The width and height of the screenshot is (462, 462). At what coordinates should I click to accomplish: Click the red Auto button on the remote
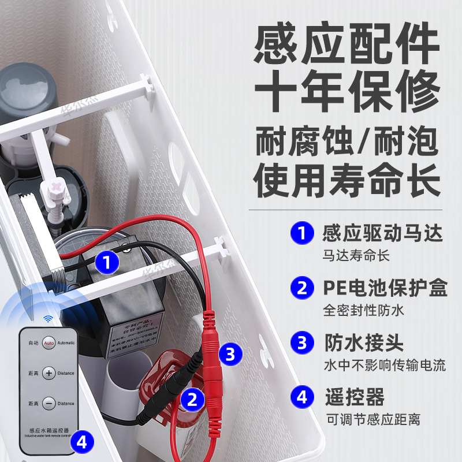coord(49,342)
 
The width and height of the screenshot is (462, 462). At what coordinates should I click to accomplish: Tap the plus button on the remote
coord(49,372)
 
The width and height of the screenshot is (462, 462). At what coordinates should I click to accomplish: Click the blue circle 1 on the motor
coord(106,263)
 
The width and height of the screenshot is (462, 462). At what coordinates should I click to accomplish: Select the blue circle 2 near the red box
coord(192,398)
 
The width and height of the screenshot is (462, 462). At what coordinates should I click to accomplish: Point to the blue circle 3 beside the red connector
coord(230,354)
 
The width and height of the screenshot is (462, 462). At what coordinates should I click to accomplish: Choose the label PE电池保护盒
coord(382,288)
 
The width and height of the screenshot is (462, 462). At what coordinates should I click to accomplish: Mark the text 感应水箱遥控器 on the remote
coord(49,430)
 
